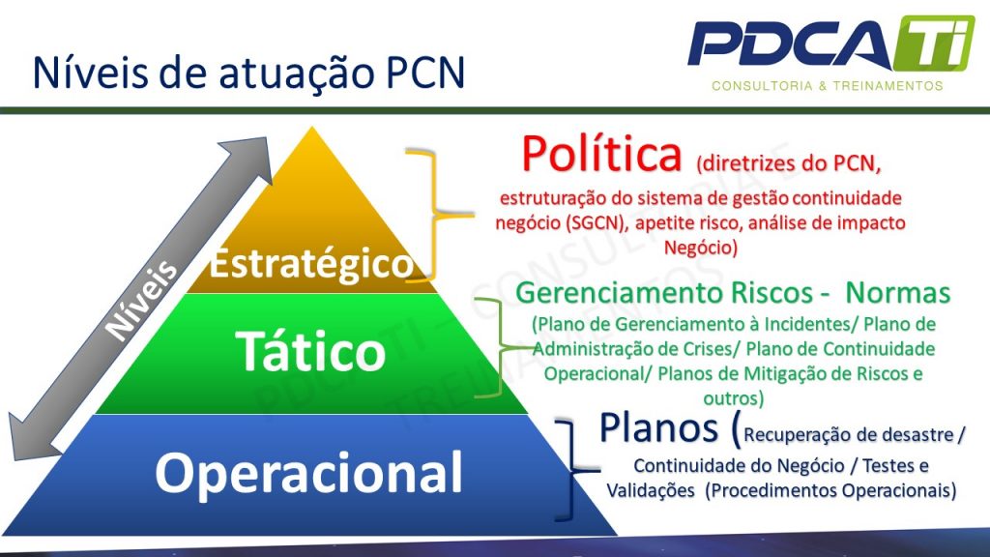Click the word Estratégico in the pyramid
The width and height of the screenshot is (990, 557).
point(310,264)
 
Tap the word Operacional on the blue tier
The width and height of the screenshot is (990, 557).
point(309,473)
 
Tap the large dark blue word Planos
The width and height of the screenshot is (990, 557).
point(660,426)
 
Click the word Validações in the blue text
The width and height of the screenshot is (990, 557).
point(650,490)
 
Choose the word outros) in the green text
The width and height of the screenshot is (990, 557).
point(733,397)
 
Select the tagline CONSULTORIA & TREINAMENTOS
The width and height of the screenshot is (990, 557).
point(827,86)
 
